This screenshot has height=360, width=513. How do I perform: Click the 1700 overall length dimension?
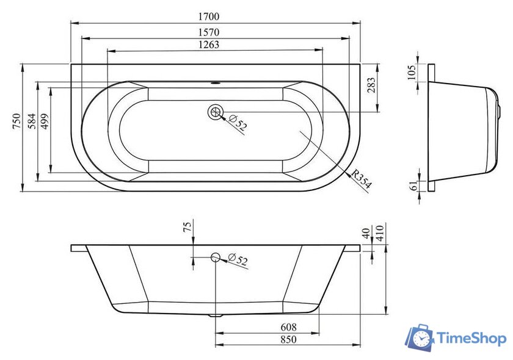tap(209, 16)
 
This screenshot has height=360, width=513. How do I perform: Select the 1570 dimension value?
tap(209, 32)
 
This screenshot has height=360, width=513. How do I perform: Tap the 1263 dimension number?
tap(209, 45)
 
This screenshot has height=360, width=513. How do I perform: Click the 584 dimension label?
tap(32, 121)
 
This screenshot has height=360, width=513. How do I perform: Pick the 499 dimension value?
tap(44, 121)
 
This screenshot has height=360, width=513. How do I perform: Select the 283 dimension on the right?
tap(371, 85)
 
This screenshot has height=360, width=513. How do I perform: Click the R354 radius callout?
tap(362, 179)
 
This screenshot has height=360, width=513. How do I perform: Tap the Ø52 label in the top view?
tap(238, 123)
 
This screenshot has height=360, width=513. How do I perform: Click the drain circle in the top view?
tap(215, 112)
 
